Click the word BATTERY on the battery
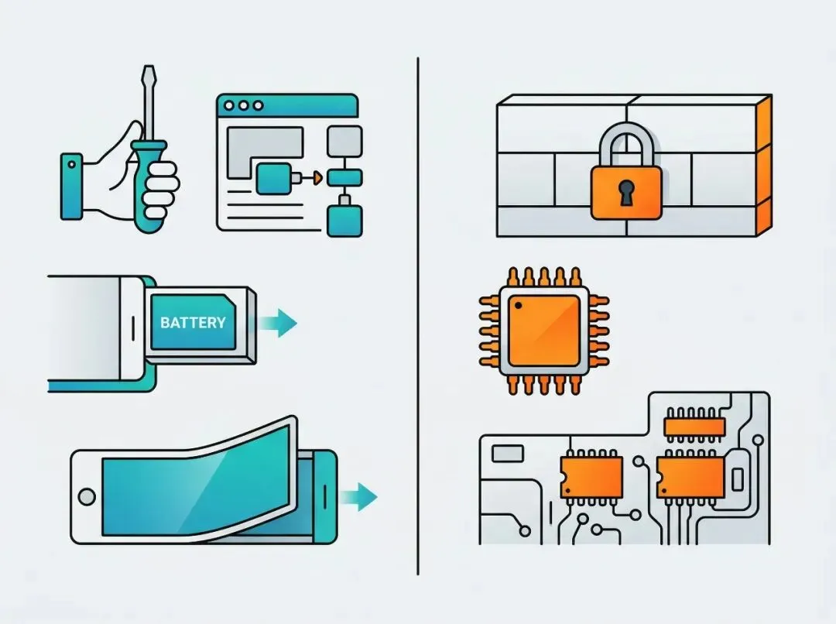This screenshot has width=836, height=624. (x=193, y=322)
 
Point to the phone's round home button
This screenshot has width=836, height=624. (x=87, y=495)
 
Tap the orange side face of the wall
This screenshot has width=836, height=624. (x=762, y=166)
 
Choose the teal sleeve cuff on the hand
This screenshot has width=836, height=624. (x=72, y=186)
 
